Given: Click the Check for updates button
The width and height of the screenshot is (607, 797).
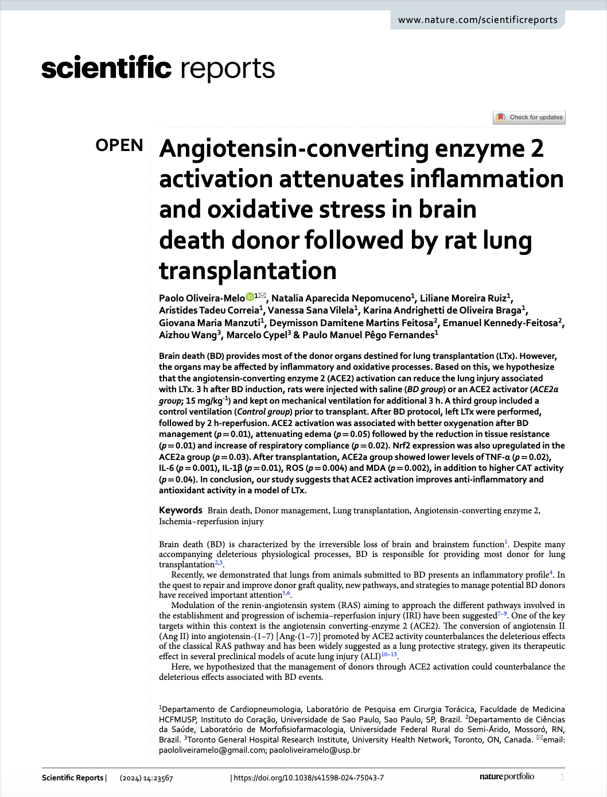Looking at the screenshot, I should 529,117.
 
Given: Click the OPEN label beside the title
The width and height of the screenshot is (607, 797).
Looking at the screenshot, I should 119,146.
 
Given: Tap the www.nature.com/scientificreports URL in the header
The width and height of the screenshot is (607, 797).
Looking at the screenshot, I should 477,20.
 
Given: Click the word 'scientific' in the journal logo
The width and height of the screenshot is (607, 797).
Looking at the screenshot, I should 106,68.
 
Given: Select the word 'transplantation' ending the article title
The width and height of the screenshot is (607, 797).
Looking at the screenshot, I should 248,270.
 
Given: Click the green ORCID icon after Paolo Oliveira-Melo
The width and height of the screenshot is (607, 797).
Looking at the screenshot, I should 250,297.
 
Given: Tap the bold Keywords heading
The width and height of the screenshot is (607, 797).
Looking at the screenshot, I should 180,510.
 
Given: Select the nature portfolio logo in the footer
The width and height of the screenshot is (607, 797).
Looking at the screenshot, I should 507,776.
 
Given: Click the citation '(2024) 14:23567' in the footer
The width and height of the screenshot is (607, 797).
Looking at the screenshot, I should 146,778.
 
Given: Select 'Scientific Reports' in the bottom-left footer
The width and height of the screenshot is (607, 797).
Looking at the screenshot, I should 72,777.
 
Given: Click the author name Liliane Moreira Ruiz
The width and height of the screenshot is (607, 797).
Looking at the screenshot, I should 463,298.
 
